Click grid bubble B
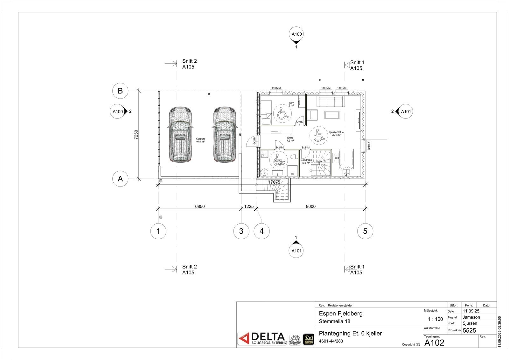[x=120, y=91]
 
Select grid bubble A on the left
[x=120, y=179]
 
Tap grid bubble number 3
[x=241, y=231]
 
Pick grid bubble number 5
[x=365, y=231]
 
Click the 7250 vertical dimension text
[x=136, y=135]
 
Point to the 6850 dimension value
[x=200, y=206]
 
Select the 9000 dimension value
[x=310, y=206]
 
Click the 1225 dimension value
[x=249, y=206]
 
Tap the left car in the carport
[x=180, y=134]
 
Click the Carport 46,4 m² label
[x=200, y=140]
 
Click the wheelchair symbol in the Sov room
[x=282, y=114]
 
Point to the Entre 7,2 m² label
[x=290, y=139]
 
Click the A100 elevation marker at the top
[x=296, y=34]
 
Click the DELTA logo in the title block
[x=262, y=339]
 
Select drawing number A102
[x=434, y=342]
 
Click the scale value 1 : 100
[x=436, y=319]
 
